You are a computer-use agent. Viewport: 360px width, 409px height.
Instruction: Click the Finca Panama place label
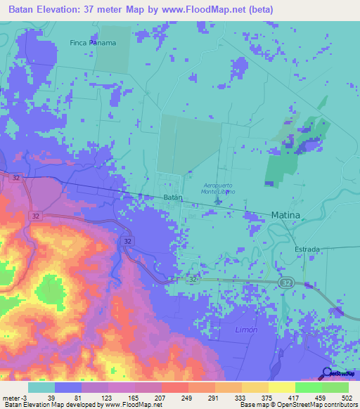(92, 42)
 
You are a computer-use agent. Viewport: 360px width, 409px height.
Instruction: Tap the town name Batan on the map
(173, 198)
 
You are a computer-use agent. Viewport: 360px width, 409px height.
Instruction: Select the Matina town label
(285, 214)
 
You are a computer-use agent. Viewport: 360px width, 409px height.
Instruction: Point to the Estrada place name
(307, 249)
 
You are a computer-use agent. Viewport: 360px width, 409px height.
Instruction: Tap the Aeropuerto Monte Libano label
(218, 188)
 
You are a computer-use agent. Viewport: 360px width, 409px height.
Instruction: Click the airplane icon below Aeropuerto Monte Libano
(217, 202)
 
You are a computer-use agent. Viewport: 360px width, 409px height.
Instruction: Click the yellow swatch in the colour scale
(281, 387)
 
